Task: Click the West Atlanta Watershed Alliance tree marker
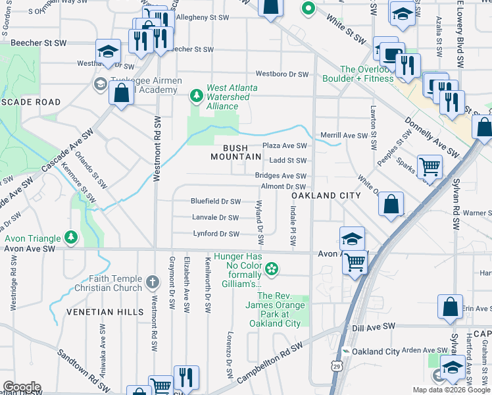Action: pyautogui.click(x=195, y=96)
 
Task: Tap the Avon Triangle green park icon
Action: pyautogui.click(x=71, y=238)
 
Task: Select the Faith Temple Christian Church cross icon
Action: pyautogui.click(x=152, y=282)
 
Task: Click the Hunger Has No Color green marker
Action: pyautogui.click(x=272, y=269)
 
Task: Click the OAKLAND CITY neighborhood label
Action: pyautogui.click(x=326, y=196)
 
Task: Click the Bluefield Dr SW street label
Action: pyautogui.click(x=216, y=201)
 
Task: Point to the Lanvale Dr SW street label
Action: pyautogui.click(x=215, y=217)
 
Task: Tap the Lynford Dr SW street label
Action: pyautogui.click(x=216, y=234)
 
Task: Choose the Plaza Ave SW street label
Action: pyautogui.click(x=285, y=145)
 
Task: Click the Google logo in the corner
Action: pyautogui.click(x=22, y=387)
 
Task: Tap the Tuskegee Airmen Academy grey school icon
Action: pyautogui.click(x=100, y=84)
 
